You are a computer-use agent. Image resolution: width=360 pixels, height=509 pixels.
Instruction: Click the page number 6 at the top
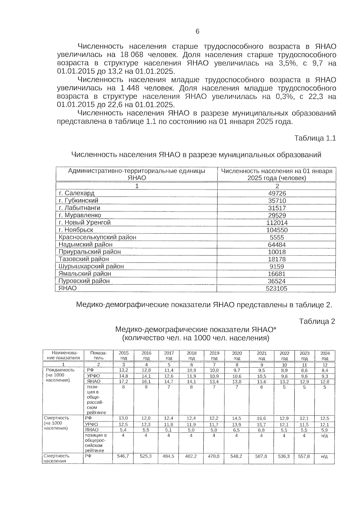point(197,31)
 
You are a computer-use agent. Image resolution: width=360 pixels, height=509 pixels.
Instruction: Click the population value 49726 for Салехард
point(277,193)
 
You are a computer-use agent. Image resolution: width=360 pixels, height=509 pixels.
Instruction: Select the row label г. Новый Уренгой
point(85,222)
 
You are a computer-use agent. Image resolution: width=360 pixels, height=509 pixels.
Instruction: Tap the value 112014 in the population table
point(277,223)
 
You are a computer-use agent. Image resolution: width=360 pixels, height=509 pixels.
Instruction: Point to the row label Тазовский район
point(84,259)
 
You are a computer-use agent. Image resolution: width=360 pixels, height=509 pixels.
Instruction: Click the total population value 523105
point(277,288)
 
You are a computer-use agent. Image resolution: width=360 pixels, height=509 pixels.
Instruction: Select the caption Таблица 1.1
point(315,138)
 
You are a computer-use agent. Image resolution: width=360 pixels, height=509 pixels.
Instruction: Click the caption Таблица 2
point(317,321)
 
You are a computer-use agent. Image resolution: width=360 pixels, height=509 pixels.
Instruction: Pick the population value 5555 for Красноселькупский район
point(277,237)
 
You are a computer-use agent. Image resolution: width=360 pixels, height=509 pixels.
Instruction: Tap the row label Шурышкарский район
point(91,266)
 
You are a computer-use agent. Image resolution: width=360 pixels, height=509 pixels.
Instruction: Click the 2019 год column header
point(214,356)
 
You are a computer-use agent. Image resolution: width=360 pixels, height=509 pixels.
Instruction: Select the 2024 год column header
point(325,356)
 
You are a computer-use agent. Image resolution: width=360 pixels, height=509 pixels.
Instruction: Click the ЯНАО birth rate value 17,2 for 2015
point(124,381)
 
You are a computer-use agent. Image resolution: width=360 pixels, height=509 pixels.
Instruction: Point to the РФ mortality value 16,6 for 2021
point(262,418)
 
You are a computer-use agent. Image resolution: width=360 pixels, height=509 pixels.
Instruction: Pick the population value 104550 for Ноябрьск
point(277,230)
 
